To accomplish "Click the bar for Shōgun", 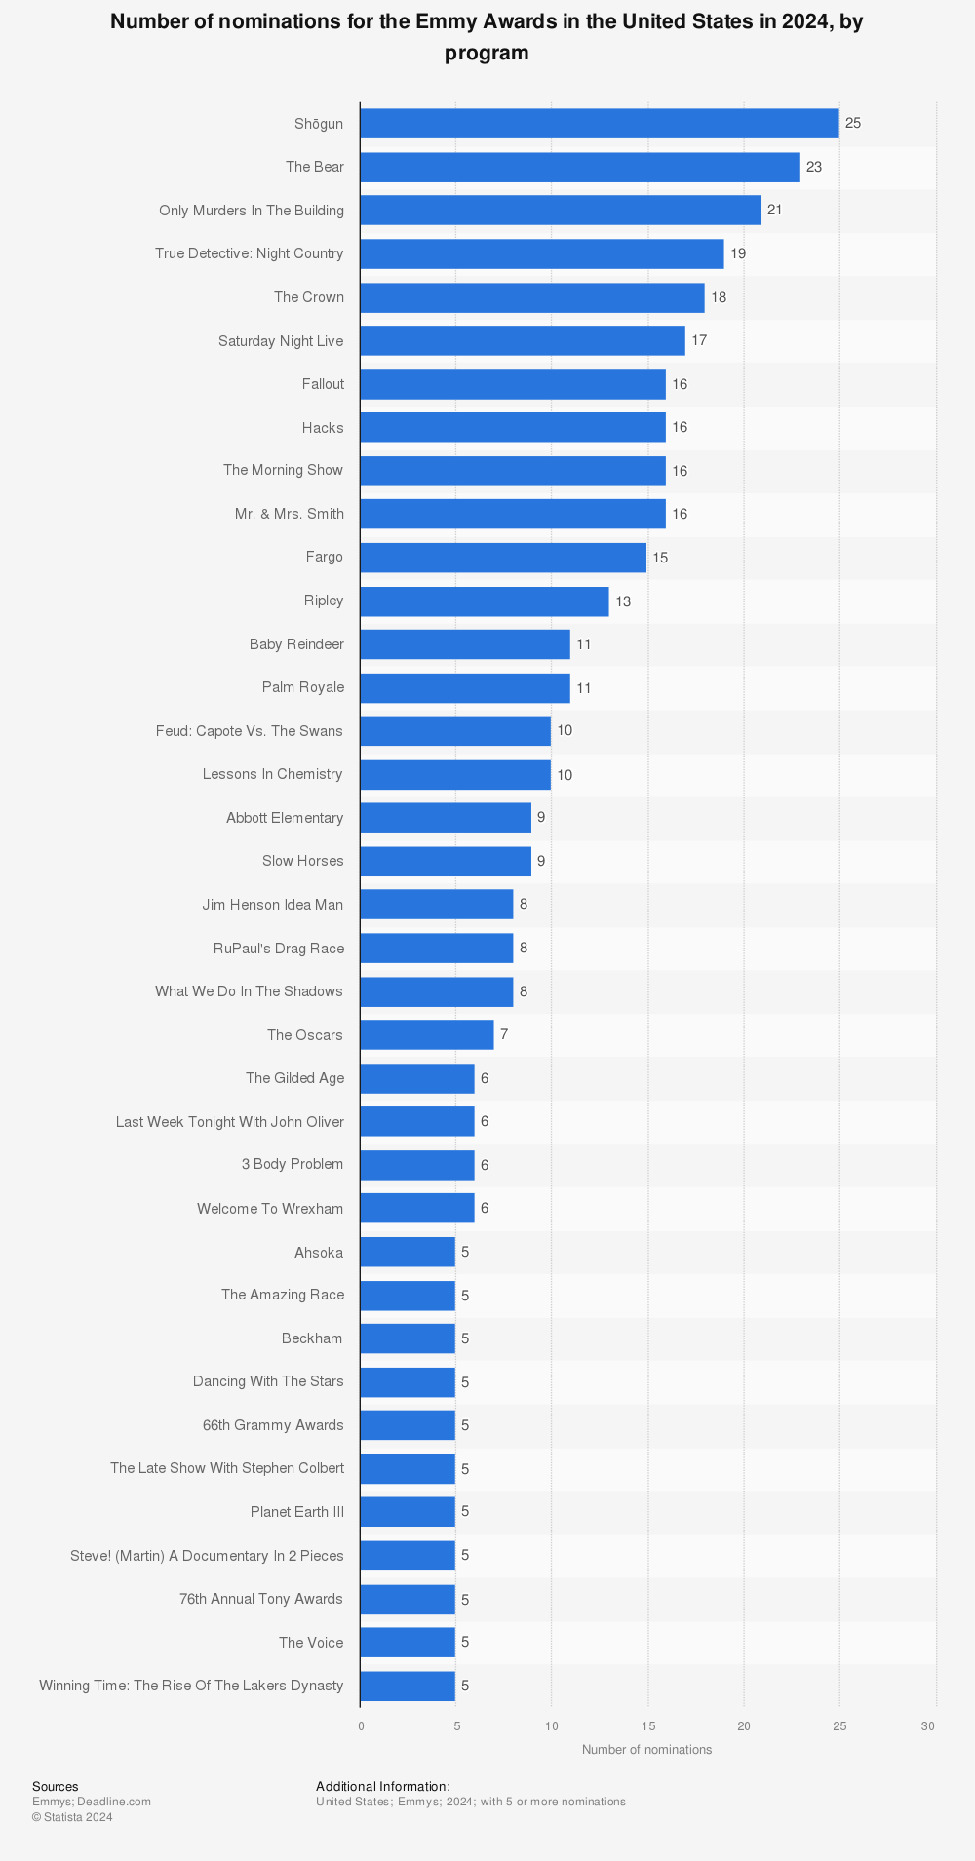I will (599, 124).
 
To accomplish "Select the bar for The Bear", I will (579, 167).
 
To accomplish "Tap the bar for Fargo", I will (502, 558).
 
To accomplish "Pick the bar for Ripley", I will (484, 601).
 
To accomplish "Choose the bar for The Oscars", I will (426, 1034).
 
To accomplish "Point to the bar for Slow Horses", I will (445, 861).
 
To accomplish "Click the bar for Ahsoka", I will (407, 1252).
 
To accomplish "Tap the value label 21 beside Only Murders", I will (774, 210).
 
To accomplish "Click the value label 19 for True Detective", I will (738, 253).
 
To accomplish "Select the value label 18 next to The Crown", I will (719, 297).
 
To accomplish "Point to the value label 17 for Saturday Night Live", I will (699, 340).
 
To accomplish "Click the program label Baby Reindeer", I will (296, 644).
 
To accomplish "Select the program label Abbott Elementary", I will (285, 818).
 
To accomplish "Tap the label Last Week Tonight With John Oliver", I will (230, 1122).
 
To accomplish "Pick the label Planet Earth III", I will (297, 1511).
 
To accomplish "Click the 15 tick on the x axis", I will (647, 1726).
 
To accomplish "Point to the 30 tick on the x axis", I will (927, 1726).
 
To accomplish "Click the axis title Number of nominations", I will (646, 1749).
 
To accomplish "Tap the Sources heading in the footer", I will (56, 1787).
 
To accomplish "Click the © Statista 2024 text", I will (72, 1817).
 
